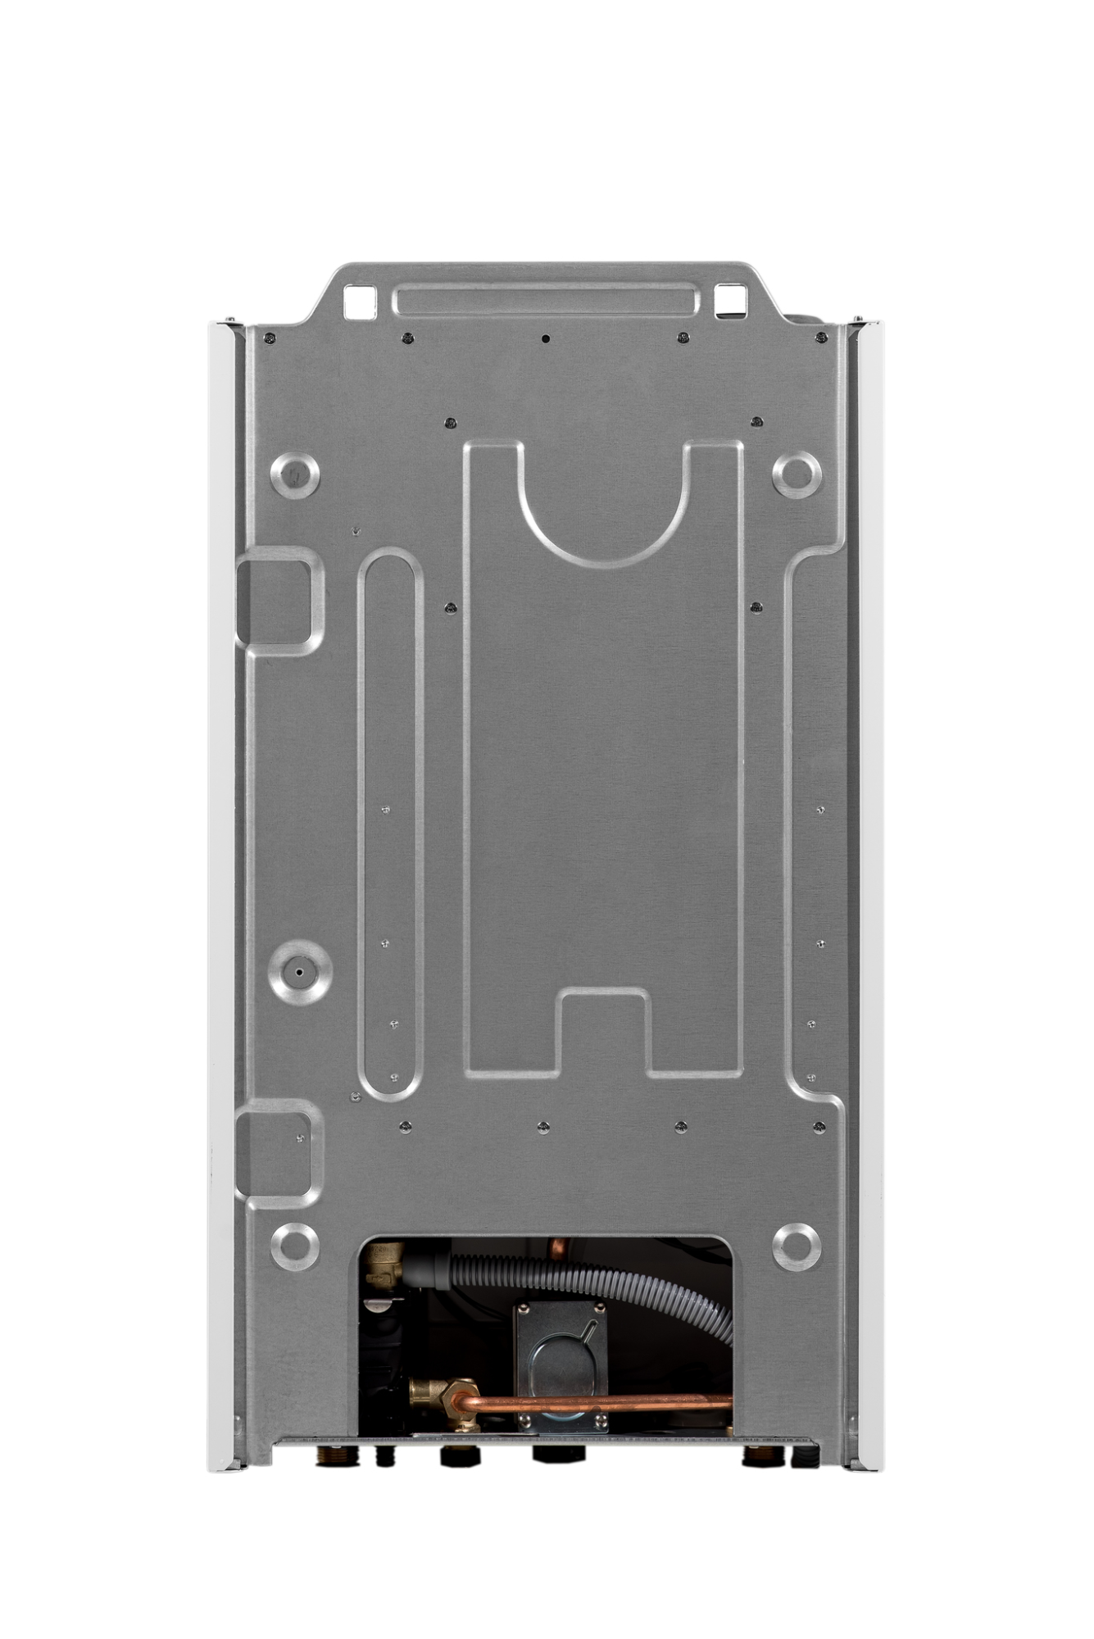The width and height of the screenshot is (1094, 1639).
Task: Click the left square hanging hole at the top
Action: point(360,301)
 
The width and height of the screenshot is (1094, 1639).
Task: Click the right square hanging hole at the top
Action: point(730,300)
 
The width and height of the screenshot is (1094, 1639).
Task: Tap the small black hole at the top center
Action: point(546,338)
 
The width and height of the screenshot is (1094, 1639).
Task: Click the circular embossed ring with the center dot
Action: point(300,972)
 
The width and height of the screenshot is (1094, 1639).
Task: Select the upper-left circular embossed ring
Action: point(295,474)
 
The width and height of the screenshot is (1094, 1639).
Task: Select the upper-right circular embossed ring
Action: point(797,474)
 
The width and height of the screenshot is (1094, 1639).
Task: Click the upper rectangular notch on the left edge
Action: point(279,601)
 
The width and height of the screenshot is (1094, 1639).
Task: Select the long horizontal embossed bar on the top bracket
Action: point(546,299)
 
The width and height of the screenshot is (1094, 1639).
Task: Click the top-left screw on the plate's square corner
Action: point(270,338)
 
